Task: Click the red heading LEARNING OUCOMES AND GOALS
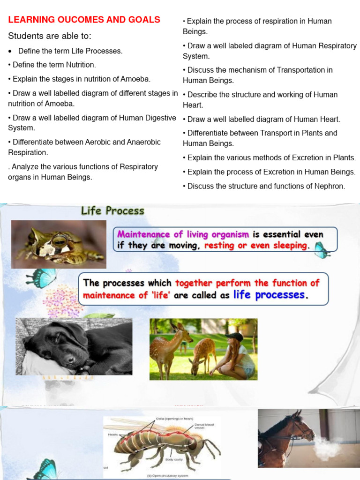84,20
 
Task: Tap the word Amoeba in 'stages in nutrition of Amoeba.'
135,79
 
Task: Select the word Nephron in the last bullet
330,186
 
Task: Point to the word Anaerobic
140,142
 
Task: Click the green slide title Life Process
112,211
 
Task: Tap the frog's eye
60,241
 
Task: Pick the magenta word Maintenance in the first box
143,234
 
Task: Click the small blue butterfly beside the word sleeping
321,249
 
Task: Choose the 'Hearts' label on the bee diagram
113,435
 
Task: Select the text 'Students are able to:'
50,36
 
